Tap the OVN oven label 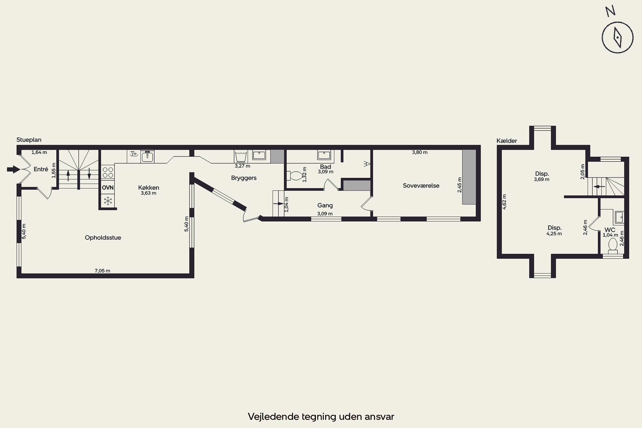(108, 187)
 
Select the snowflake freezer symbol (108, 201)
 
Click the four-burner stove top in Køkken (108, 172)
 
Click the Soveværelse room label (421, 186)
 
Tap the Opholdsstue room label (103, 238)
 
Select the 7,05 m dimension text (102, 271)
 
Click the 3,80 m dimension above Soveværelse (419, 152)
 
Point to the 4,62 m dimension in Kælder (504, 202)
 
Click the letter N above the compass (610, 11)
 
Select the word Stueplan (29, 140)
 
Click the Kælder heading (507, 141)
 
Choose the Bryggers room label (244, 178)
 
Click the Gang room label (325, 205)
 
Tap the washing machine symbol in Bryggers (241, 156)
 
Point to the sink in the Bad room (324, 155)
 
